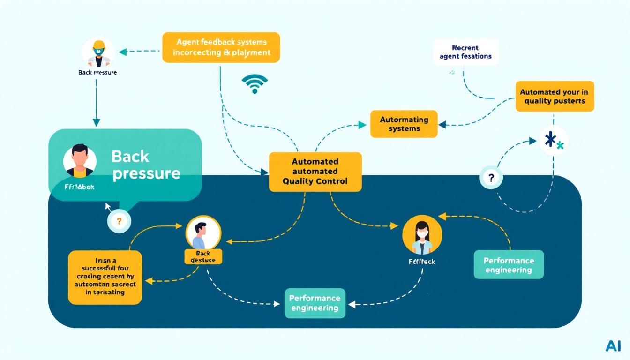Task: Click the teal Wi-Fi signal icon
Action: point(255,83)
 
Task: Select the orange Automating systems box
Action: point(404,124)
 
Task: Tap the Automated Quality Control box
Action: point(315,172)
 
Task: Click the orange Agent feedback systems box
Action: point(221,47)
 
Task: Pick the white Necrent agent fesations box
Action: point(465,52)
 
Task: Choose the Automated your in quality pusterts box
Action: point(555,97)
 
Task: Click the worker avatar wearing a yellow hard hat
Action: point(98,52)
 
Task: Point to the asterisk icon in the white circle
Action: point(554,140)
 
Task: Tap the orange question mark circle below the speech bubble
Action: point(119,221)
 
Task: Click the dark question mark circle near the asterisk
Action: point(491,178)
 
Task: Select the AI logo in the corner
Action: point(613,346)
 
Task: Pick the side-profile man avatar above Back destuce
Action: point(203,232)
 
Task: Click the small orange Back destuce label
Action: point(203,256)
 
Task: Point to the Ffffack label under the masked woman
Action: point(422,262)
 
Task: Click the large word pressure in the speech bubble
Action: point(146,173)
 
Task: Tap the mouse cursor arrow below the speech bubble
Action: point(108,207)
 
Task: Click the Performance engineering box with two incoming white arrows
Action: point(315,303)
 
